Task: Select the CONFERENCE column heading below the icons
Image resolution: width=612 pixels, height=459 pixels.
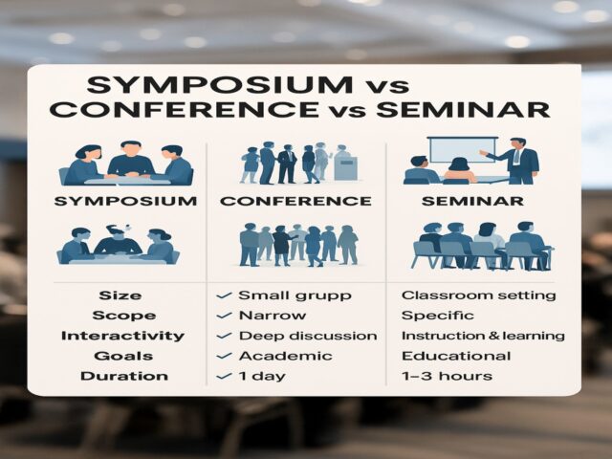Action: pyautogui.click(x=295, y=202)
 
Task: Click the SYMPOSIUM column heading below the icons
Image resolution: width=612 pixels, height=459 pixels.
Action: pyautogui.click(x=126, y=202)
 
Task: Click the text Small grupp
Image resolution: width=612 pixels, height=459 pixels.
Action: pyautogui.click(x=284, y=295)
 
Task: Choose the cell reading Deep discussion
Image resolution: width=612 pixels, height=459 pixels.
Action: pyautogui.click(x=306, y=336)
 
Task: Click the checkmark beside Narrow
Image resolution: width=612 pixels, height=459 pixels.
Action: pyautogui.click(x=224, y=315)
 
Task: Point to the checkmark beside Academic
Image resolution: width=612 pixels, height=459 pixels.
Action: pyautogui.click(x=224, y=356)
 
